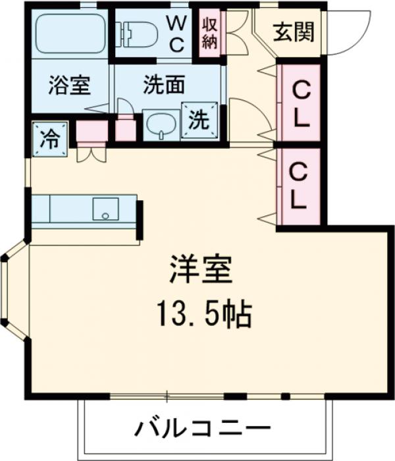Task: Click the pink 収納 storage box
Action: coord(211,32)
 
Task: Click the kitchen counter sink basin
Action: coord(104,209)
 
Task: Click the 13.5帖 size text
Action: coord(203,315)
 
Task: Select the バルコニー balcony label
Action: coord(203,429)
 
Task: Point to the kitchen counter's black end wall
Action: coord(140,219)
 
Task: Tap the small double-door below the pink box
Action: coord(90,153)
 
